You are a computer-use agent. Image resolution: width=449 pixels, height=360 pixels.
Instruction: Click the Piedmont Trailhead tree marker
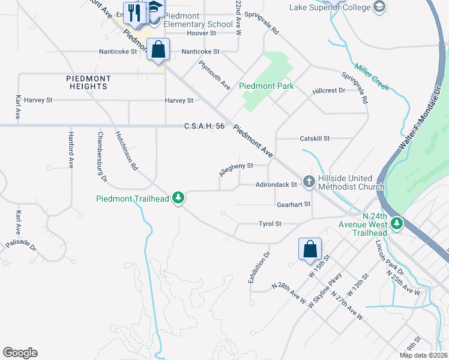point(178,198)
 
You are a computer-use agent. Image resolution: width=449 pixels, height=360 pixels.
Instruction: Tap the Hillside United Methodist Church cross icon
point(309,181)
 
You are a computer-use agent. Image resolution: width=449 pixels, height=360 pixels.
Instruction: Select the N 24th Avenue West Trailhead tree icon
point(396,224)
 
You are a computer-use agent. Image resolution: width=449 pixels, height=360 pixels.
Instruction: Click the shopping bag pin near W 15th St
point(310,249)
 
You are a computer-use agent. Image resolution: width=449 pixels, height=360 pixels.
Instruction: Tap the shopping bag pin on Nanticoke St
point(158,50)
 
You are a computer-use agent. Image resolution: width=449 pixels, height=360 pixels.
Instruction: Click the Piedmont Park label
point(267,86)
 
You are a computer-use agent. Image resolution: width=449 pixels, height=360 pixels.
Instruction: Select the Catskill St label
point(315,139)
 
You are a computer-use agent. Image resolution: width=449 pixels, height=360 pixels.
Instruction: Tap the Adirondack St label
point(276,185)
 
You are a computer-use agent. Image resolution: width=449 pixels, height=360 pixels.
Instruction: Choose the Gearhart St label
point(293,205)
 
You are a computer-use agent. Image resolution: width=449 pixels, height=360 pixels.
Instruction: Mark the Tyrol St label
point(270,224)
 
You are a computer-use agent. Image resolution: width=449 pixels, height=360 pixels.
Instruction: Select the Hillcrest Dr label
point(329,91)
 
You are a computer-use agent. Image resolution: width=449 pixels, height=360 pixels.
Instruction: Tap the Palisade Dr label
point(21,247)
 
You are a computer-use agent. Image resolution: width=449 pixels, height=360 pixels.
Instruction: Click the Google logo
point(20,353)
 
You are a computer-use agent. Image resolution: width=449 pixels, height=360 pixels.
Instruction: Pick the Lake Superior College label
point(329,8)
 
